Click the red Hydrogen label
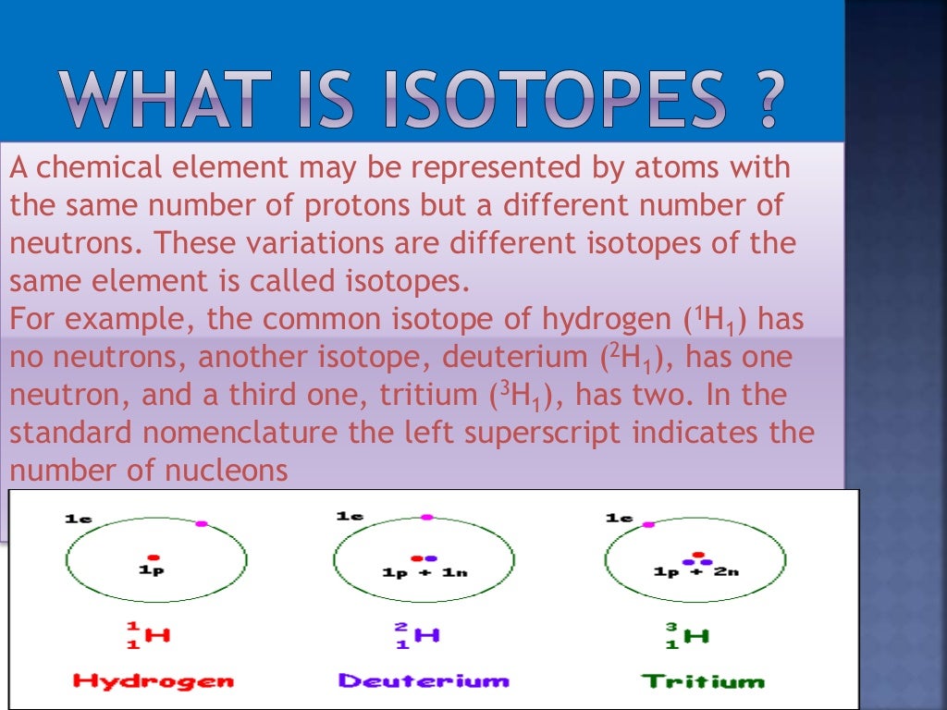coord(154,682)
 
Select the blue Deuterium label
coord(424,681)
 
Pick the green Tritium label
coord(704,682)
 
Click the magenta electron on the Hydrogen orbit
coord(202,523)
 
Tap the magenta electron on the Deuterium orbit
coord(425,517)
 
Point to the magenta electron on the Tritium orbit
coord(648,524)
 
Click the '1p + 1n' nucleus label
coord(424,572)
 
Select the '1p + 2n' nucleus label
coord(695,572)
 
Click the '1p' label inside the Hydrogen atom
coord(153,571)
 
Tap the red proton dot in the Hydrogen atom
coord(154,557)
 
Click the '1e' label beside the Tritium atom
coord(619,518)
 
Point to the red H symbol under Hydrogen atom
coord(158,635)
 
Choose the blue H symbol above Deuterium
coord(427,635)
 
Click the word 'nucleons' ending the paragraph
coord(226,471)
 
